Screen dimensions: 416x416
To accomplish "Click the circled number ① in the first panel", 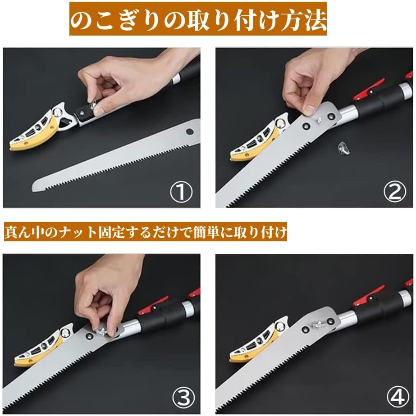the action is click(181, 191).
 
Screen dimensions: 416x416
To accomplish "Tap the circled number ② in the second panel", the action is click(395, 191).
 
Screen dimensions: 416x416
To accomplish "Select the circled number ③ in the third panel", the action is click(184, 398).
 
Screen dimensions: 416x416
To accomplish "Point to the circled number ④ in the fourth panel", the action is click(398, 398).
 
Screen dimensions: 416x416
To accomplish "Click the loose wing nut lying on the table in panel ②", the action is click(343, 148).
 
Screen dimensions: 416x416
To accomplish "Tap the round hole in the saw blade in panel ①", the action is click(190, 131).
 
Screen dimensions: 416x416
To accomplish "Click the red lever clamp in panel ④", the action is click(369, 296).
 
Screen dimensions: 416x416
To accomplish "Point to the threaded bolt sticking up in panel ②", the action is click(318, 120).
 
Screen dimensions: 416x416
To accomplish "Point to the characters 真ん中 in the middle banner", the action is click(27, 231).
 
